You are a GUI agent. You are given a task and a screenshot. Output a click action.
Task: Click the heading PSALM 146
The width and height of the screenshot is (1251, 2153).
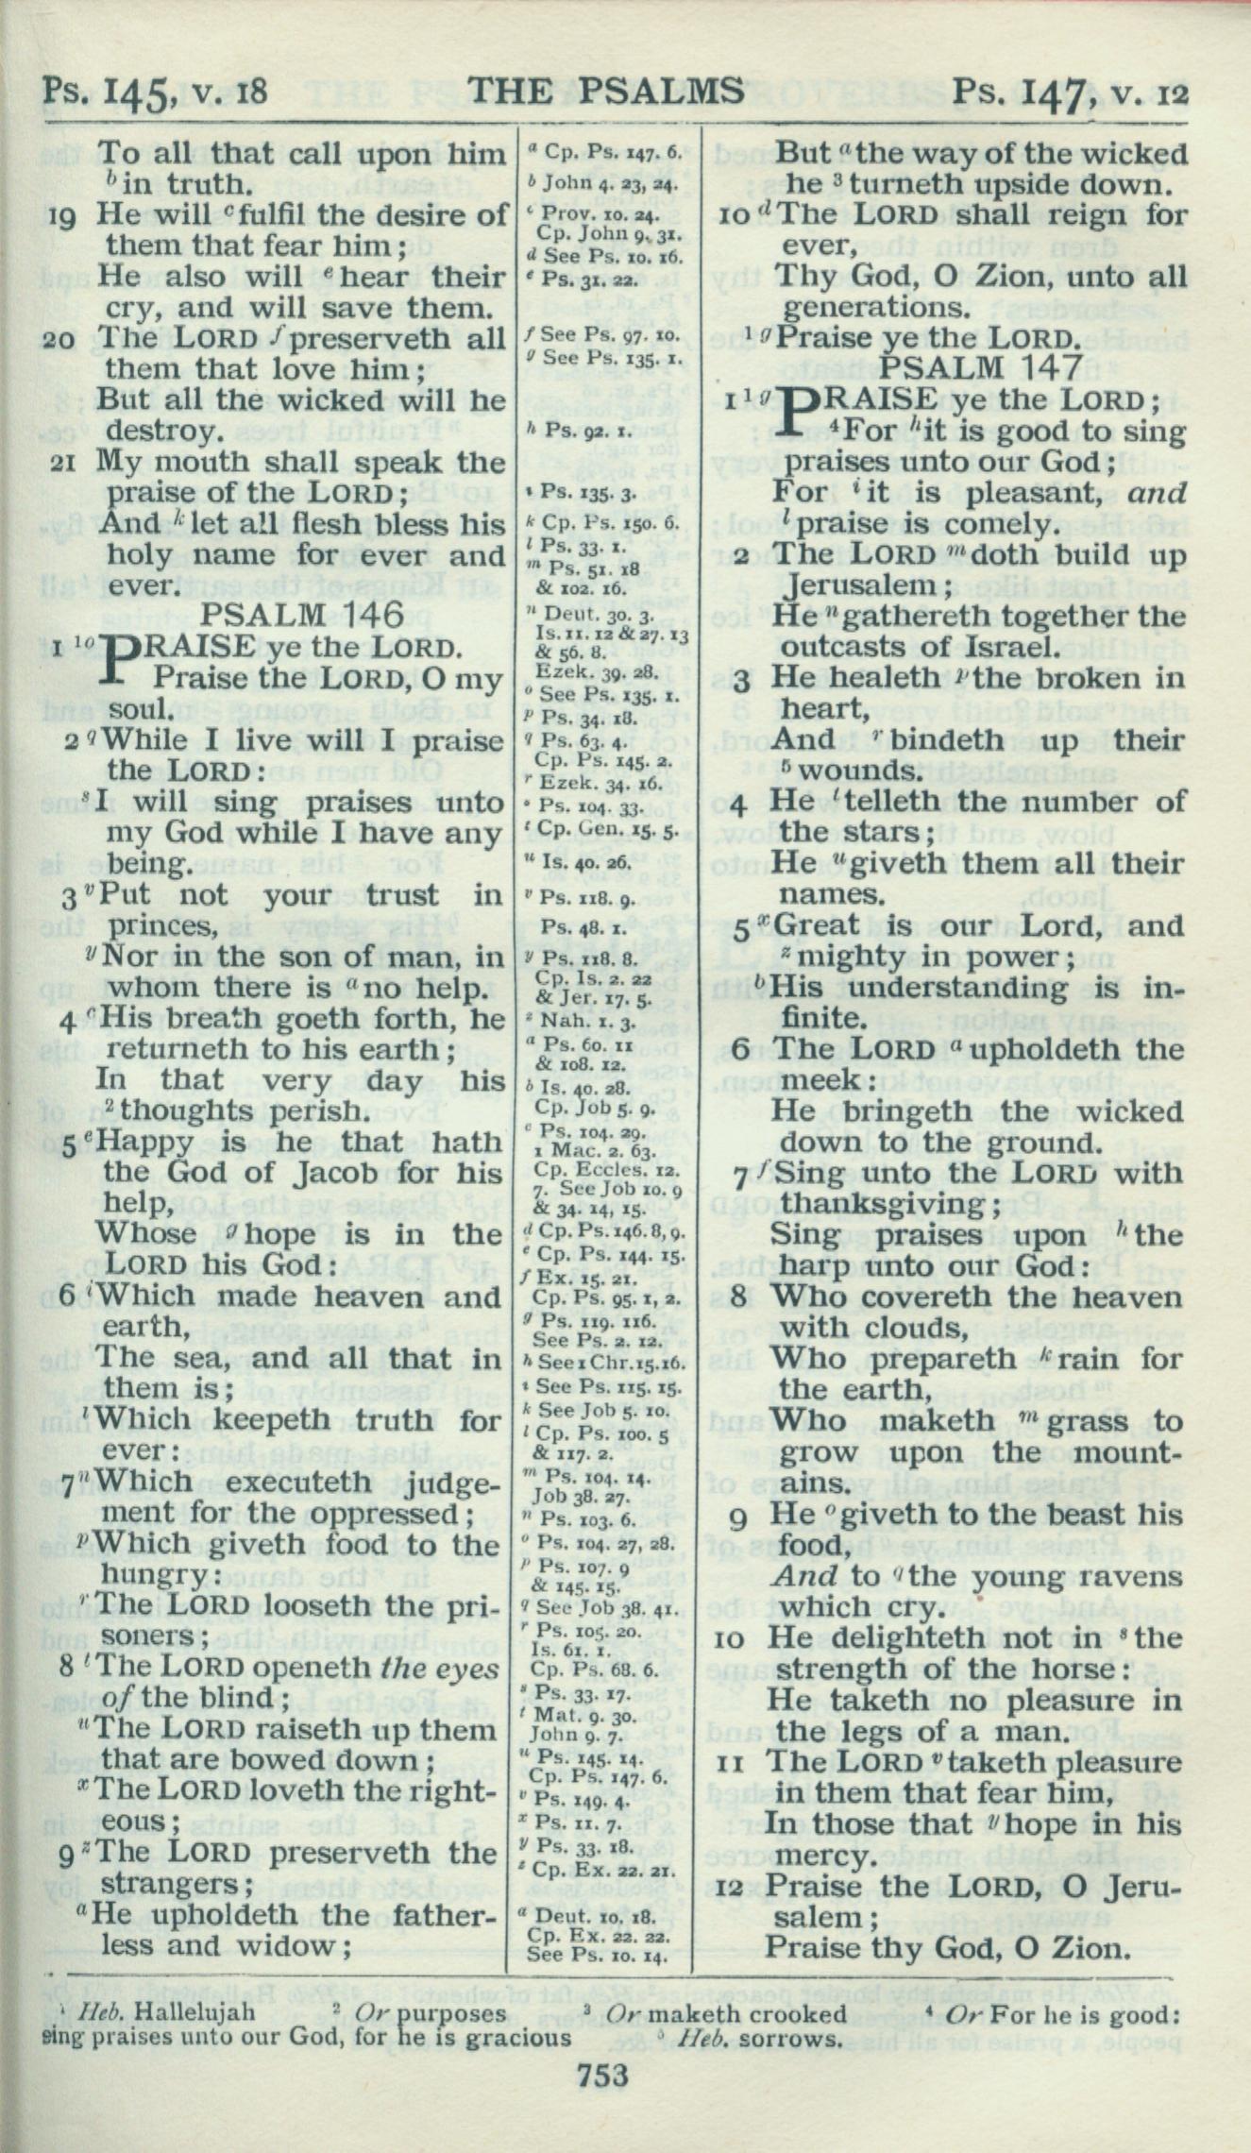coord(303,616)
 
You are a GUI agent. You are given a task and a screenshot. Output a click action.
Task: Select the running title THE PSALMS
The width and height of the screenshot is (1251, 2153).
coord(605,91)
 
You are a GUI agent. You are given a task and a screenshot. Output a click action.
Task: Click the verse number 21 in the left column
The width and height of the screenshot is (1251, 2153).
coord(64,464)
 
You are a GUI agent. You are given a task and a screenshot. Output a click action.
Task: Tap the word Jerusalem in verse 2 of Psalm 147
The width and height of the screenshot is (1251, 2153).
coord(855,586)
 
